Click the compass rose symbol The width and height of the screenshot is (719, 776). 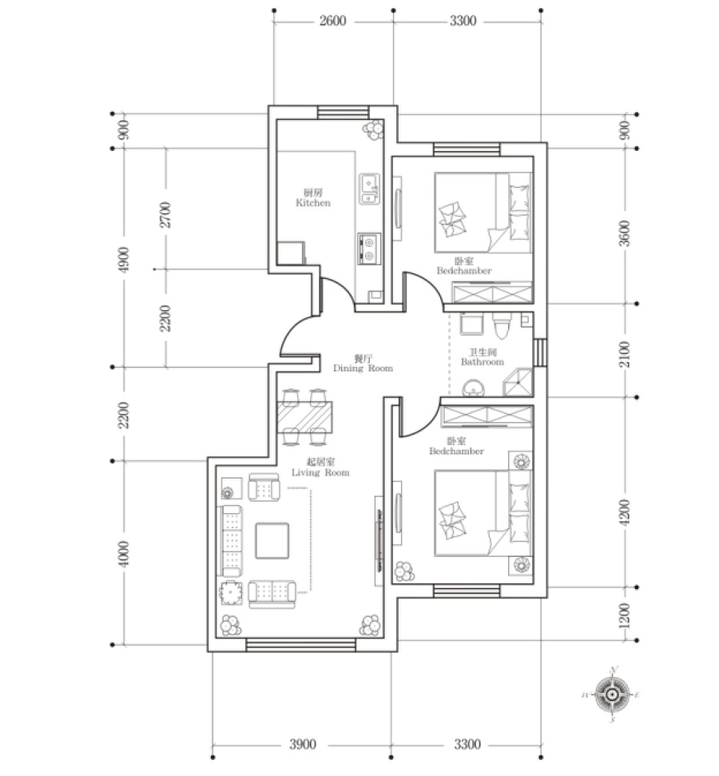coord(612,694)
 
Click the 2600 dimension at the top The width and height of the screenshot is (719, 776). coord(332,21)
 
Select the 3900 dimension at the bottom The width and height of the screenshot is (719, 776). coord(302,744)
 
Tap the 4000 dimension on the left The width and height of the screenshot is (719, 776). coord(124,554)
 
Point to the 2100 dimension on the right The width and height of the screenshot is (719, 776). coord(625,354)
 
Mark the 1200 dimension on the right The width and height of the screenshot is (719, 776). coord(625,615)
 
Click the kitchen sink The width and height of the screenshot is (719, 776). coord(370,189)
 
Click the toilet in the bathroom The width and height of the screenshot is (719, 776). coord(502,325)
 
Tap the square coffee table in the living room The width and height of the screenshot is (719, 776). coord(272,541)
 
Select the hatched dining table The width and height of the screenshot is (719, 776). coord(304,416)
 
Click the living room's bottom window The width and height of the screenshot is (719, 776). coord(301,644)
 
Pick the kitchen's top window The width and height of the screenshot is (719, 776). coord(343,113)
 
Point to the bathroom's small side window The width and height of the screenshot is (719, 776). coord(540,352)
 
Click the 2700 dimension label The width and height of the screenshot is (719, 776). coord(165,214)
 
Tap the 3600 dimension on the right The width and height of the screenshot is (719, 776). coord(625,233)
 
